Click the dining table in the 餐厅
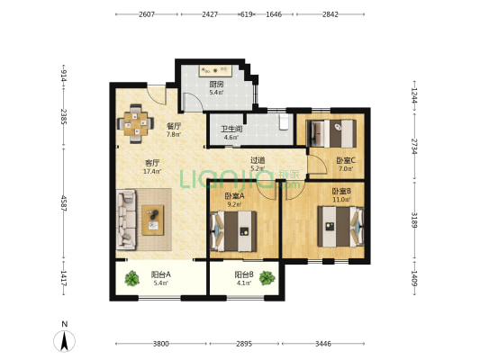[x=136, y=123]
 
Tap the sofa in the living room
[x=126, y=219]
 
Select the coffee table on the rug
[x=153, y=220]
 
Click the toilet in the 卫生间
[x=285, y=121]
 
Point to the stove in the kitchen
[x=215, y=71]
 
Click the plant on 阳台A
[x=132, y=278]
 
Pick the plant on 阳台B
[x=267, y=278]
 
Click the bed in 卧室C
[x=331, y=134]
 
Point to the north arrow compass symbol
[x=64, y=341]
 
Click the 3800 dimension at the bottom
[x=161, y=344]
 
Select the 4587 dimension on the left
[x=64, y=203]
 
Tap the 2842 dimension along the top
[x=331, y=14]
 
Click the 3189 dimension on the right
[x=414, y=220]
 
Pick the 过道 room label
[x=258, y=160]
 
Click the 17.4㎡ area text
[x=152, y=171]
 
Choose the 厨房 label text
[x=216, y=84]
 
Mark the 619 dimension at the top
[x=247, y=14]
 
